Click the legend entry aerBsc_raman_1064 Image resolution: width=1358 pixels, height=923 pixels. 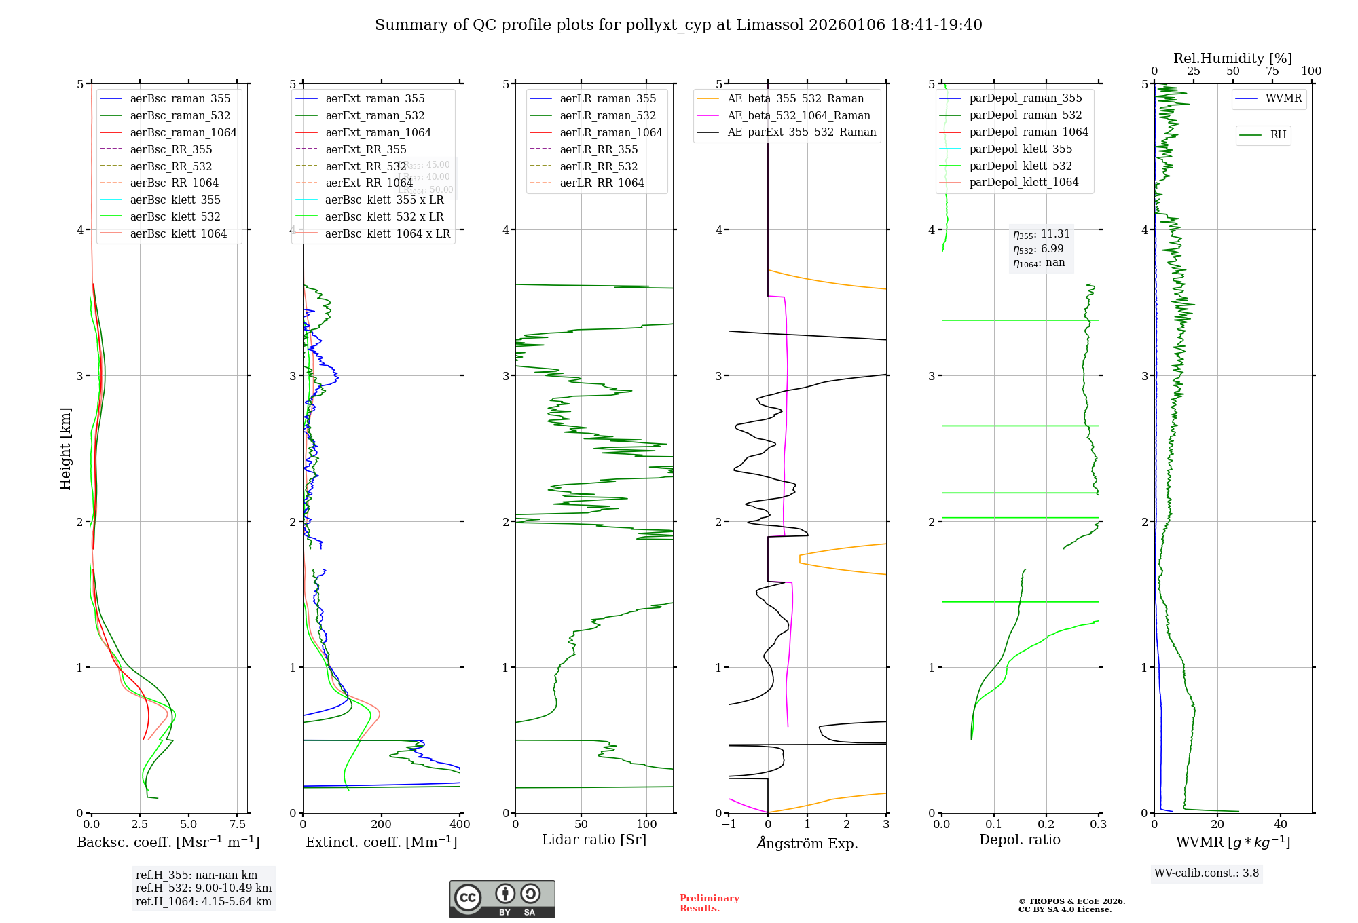tap(183, 132)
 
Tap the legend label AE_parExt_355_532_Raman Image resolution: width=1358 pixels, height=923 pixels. tap(801, 132)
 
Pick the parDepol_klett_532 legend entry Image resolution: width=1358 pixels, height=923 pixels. tap(1020, 166)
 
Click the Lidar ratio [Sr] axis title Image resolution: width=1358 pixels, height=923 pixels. tap(594, 840)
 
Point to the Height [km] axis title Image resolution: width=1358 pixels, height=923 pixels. tap(65, 449)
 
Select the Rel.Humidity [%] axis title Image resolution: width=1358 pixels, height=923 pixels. tap(1232, 58)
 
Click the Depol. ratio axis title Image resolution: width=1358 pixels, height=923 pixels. tap(1019, 840)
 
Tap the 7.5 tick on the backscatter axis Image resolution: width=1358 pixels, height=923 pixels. tap(237, 825)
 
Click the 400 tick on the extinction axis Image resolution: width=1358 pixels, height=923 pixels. tap(460, 825)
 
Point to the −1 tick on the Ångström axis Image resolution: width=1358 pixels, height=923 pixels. tap(729, 825)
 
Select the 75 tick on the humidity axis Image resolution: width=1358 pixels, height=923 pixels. tap(1272, 71)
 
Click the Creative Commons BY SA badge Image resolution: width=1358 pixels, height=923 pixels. tap(502, 899)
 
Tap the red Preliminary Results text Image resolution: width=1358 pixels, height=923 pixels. tap(709, 903)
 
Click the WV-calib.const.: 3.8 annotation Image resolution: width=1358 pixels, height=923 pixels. tap(1206, 873)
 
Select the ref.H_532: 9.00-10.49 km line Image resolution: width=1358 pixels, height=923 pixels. tap(203, 888)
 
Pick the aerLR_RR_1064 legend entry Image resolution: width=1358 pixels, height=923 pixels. tap(602, 183)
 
